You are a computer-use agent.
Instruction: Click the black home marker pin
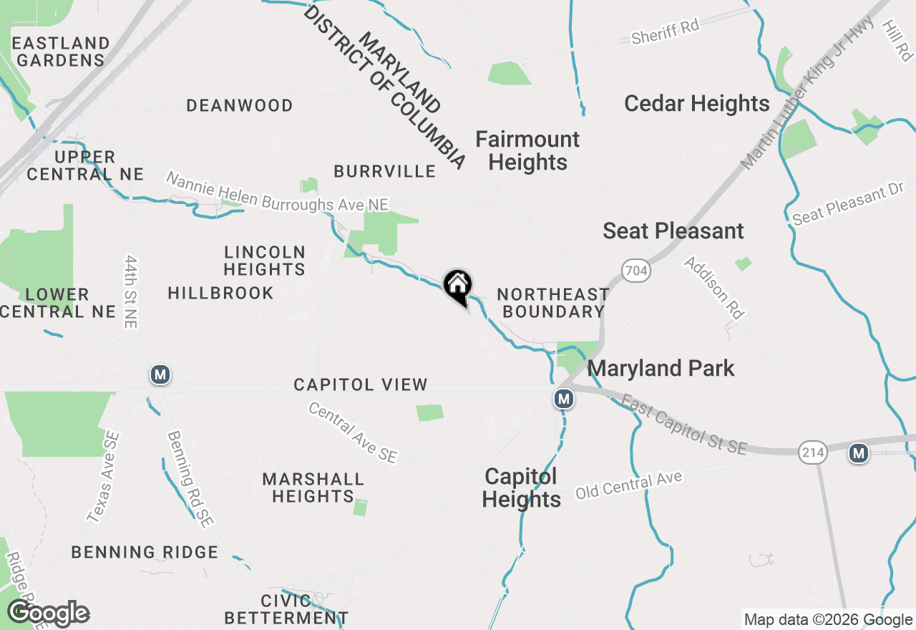click(457, 287)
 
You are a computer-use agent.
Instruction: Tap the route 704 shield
click(635, 271)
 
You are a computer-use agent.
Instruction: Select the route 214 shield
click(814, 452)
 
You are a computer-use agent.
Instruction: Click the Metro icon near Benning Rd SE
click(160, 374)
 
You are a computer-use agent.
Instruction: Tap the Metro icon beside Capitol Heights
click(564, 399)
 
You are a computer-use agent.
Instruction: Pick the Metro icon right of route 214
click(859, 452)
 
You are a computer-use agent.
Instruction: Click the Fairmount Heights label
click(527, 150)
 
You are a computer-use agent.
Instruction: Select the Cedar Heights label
click(696, 104)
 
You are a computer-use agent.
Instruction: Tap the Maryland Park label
click(661, 369)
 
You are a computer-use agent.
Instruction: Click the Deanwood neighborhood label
click(239, 106)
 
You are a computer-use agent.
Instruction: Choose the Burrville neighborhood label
click(384, 171)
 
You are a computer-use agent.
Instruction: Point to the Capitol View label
click(361, 385)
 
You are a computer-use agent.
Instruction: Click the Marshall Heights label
click(313, 487)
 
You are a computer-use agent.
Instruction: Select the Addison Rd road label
click(713, 287)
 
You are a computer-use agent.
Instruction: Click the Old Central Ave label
click(629, 485)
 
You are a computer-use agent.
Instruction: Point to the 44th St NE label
click(130, 291)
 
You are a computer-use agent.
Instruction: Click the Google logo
click(48, 614)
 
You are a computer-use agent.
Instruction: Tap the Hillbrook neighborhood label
click(220, 293)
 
